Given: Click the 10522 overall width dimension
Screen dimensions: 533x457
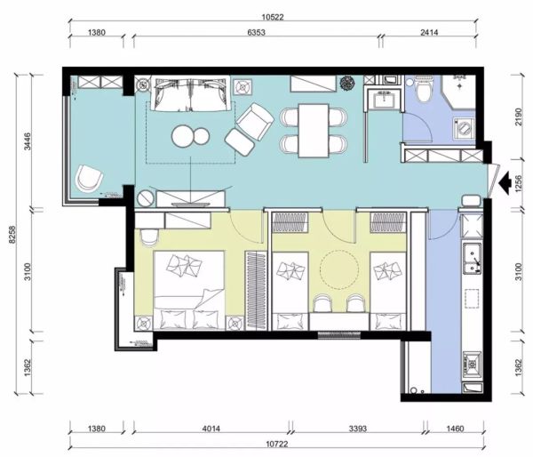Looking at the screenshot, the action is click(273, 17).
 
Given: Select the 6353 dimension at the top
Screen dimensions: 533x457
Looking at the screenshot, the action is click(256, 32).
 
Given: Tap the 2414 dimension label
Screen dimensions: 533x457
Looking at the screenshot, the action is click(429, 32).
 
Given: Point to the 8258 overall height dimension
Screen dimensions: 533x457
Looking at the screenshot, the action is click(13, 235).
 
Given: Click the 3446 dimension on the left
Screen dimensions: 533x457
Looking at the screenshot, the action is click(28, 141).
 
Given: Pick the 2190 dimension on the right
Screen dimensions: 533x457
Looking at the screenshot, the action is click(518, 116).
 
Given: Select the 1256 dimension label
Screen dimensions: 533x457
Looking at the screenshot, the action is click(518, 184).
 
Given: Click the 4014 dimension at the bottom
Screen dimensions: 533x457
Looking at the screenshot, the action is click(211, 429).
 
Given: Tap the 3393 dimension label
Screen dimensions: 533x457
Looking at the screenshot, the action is click(358, 429).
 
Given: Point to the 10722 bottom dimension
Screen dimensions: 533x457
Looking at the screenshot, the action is click(276, 444).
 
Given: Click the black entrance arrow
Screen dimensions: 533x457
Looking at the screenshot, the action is click(505, 183).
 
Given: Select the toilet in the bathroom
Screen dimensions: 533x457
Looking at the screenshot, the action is click(424, 89).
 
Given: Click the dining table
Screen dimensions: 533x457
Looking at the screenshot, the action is click(314, 131).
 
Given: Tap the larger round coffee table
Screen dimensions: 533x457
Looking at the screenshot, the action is click(184, 136).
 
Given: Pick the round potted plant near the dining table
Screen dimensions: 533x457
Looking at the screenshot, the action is click(347, 83).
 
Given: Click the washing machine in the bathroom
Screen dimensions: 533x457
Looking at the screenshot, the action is click(464, 128).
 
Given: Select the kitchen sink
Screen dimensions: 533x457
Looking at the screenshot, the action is click(473, 258).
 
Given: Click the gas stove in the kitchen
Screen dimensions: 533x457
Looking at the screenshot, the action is click(473, 365).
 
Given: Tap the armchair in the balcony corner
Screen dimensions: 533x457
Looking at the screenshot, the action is click(89, 178).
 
